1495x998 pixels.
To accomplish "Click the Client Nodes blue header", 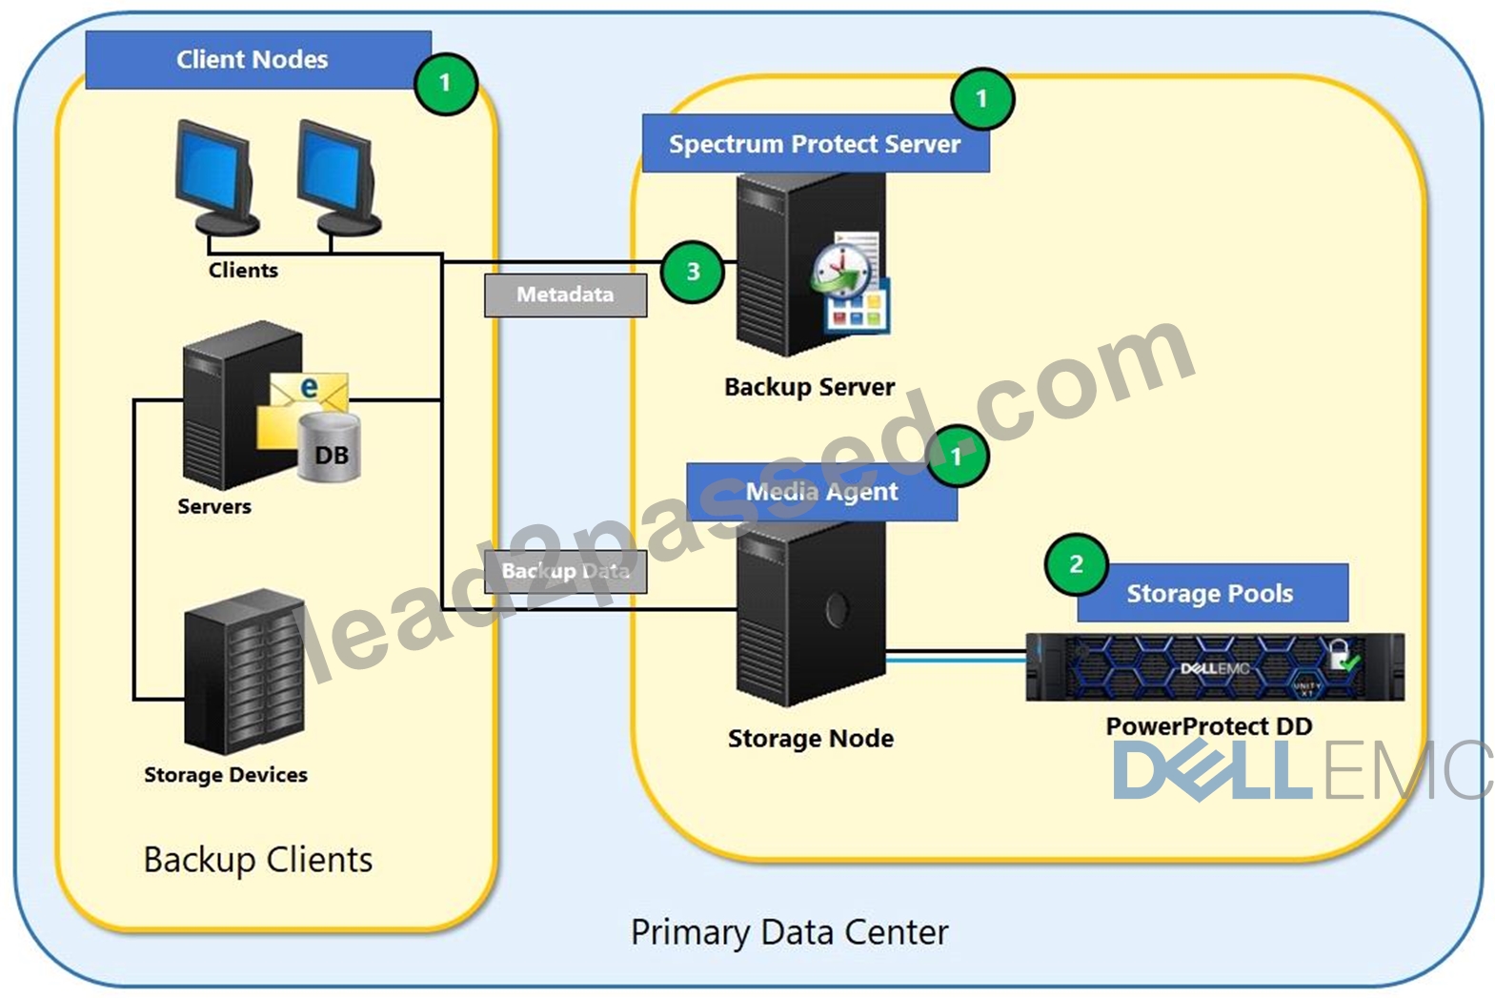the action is coord(258,59).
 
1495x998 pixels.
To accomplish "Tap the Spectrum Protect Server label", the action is coord(816,143).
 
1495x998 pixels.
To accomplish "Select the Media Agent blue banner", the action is coord(821,491).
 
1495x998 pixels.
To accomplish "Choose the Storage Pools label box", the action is coord(1213,593).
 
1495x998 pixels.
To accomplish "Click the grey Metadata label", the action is coord(565,295).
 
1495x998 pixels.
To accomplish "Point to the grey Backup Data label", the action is coord(565,571).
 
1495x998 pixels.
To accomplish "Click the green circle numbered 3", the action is coord(693,272).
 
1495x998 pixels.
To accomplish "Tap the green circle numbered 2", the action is coord(1077,564).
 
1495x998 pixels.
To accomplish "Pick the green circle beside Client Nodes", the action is coord(445,84).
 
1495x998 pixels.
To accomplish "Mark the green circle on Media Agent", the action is coord(958,457).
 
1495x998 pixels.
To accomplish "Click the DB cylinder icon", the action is coord(329,447).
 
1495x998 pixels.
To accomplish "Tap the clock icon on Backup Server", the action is coord(841,271).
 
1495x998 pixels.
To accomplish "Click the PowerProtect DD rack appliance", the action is coord(1215,667).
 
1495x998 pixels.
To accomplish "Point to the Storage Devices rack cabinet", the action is coord(244,672).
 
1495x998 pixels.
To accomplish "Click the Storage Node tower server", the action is coord(811,613).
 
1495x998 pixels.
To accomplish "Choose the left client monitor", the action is coord(215,177).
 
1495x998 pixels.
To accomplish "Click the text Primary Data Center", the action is coord(790,932).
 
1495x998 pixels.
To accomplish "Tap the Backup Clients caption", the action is coord(258,860).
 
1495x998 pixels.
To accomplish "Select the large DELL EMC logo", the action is coord(1303,769).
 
